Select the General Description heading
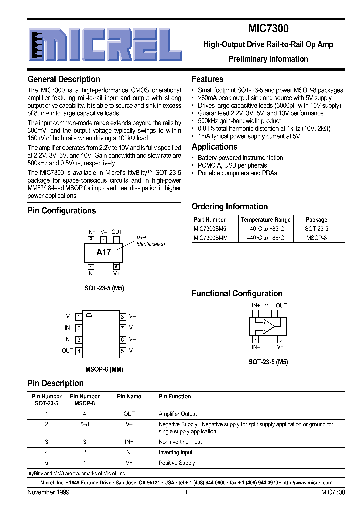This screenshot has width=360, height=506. coord(64,79)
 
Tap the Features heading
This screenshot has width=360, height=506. coord(207,79)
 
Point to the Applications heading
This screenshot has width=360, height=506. coord(214,147)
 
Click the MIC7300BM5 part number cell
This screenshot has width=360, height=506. coord(210,228)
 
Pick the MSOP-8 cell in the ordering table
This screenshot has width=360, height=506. coord(316,238)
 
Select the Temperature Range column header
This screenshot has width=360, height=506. coord(265,220)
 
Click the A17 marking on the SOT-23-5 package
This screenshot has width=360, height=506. coord(103,252)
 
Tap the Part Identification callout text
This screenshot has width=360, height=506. coord(150,241)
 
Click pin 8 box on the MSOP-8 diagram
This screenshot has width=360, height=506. coord(122,316)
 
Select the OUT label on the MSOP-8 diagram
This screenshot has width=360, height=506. coord(67,351)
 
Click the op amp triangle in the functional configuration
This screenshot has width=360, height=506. coord(269,327)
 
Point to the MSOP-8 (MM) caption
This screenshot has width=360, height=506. coord(104,370)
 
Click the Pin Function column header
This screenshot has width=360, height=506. coord(175,396)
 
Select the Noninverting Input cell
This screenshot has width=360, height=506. coord(180,442)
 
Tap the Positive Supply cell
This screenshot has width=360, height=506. coord(177,463)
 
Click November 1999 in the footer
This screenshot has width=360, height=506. coord(48,492)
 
